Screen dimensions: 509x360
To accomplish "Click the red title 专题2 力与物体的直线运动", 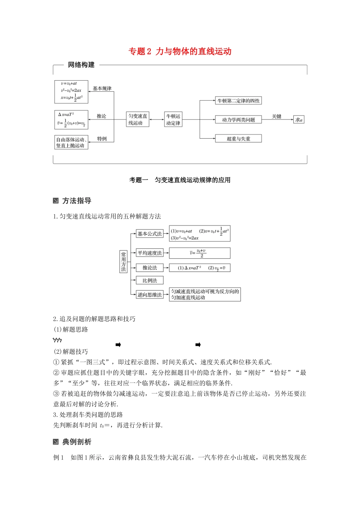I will [x=180, y=52].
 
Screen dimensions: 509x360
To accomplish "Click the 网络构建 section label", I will [x=81, y=65].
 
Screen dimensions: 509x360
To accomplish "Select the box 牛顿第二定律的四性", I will [x=238, y=101].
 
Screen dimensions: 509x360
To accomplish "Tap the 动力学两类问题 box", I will [x=238, y=120].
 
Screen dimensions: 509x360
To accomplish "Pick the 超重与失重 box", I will [x=238, y=139].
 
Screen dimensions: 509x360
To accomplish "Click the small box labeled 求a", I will [x=299, y=120].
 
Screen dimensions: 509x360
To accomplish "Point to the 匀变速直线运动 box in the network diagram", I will [x=138, y=119].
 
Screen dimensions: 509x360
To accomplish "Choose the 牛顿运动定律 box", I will [x=173, y=119].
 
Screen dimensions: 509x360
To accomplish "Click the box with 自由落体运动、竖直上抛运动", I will [x=71, y=142].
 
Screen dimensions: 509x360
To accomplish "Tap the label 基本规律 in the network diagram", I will [x=102, y=89].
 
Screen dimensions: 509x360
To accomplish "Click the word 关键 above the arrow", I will [x=277, y=116].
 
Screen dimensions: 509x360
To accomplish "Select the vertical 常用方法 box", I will [x=124, y=262].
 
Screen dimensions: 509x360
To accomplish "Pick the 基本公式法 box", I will [x=150, y=234].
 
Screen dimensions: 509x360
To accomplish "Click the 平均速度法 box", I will [x=150, y=253].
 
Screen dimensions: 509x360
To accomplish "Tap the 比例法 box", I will [x=150, y=280].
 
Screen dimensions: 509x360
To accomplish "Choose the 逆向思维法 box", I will [x=150, y=295].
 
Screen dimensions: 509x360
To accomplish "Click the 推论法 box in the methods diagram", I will [x=150, y=268].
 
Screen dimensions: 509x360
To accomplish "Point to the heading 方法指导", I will [x=77, y=201].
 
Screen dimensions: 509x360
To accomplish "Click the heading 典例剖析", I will [x=77, y=442].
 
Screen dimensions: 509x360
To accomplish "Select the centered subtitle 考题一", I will [x=139, y=180].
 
